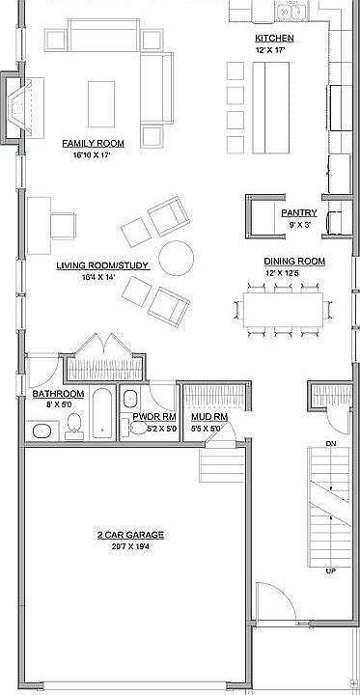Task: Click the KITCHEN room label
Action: coord(274,38)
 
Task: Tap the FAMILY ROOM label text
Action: coord(88,143)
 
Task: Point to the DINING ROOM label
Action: coord(294,261)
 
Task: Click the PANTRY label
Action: coord(294,212)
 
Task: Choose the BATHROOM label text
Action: coord(60,395)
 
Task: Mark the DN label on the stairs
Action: coord(331,443)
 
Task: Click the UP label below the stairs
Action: coord(331,570)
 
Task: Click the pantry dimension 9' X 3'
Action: coord(294,223)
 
